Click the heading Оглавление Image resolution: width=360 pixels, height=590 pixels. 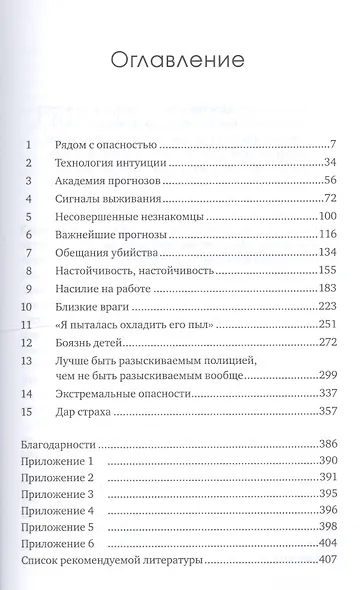tap(180, 60)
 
